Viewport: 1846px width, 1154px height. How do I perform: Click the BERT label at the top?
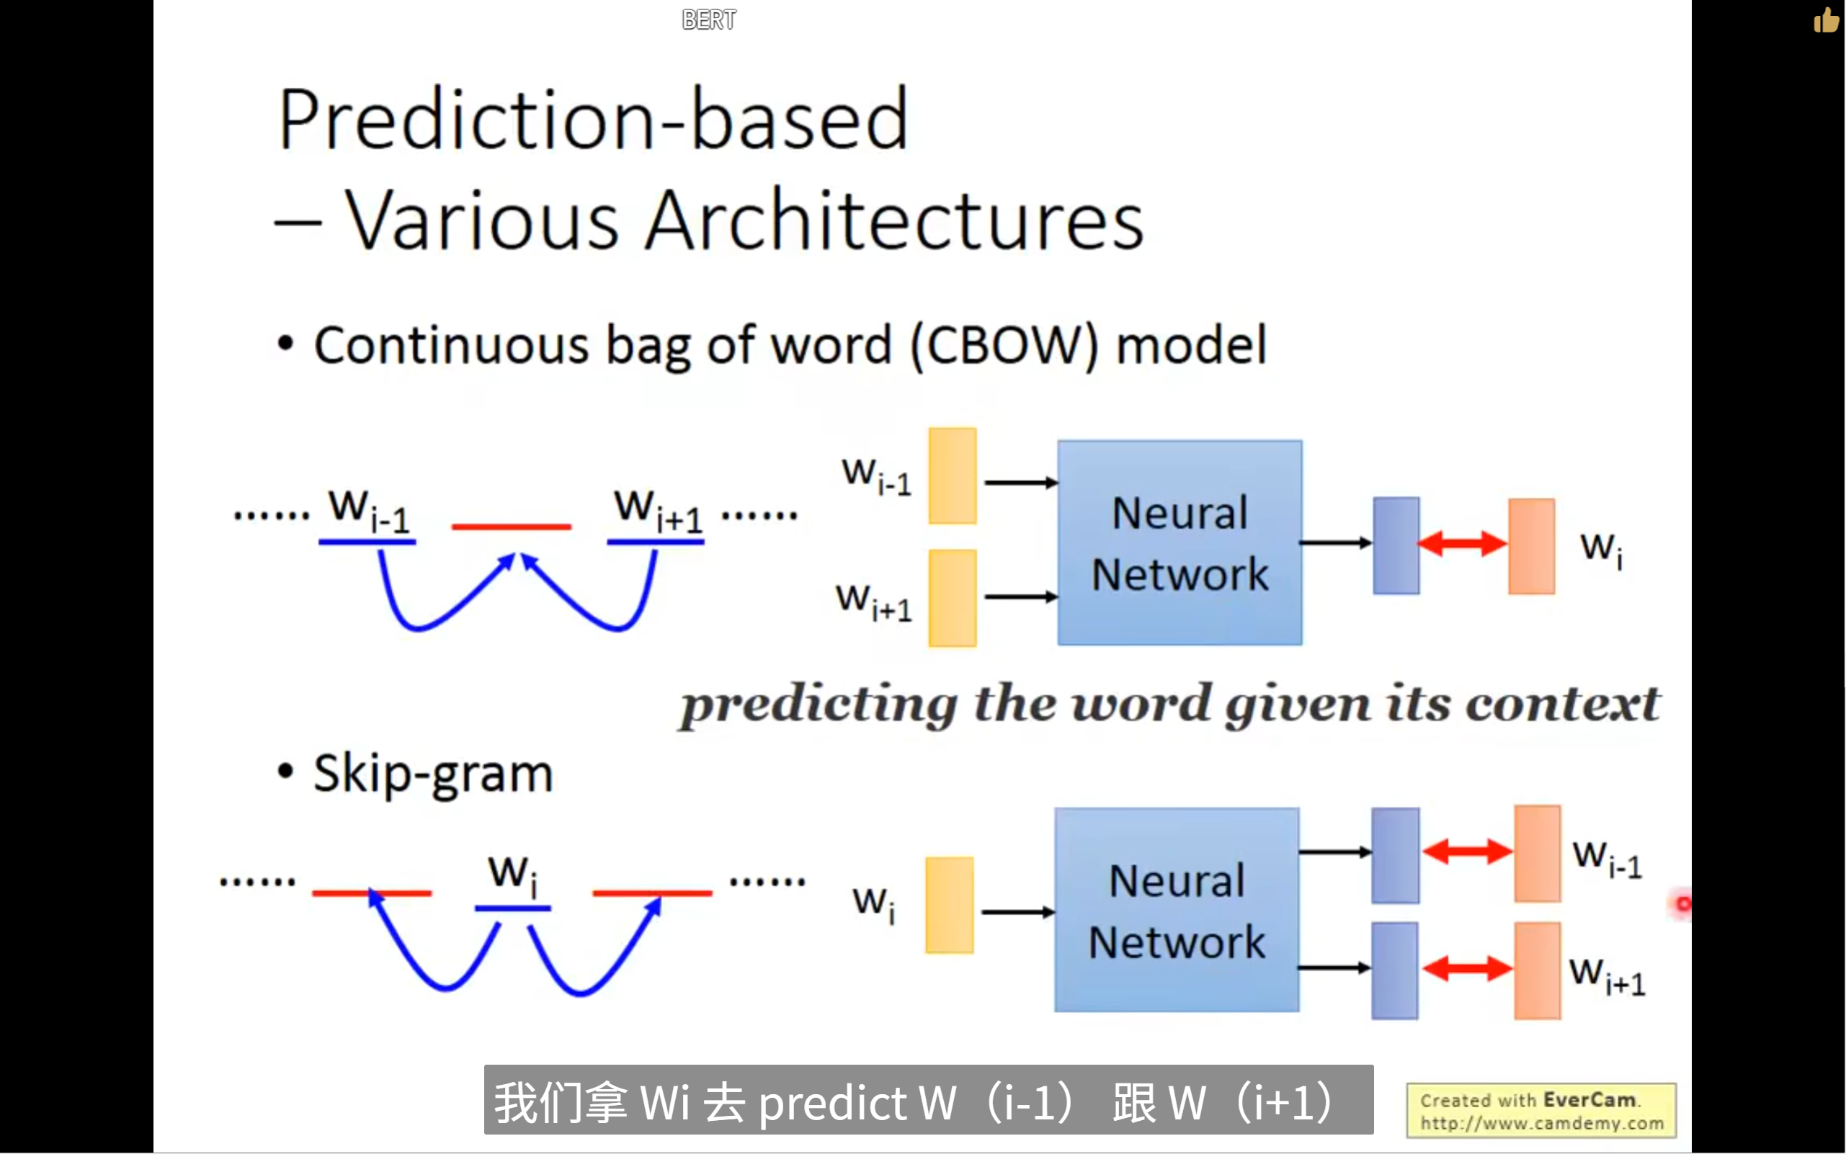tap(708, 20)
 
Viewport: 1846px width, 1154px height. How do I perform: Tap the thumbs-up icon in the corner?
tap(1826, 21)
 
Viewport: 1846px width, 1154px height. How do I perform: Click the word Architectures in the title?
tap(894, 221)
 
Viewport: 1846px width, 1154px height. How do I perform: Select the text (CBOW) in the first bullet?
tap(1004, 346)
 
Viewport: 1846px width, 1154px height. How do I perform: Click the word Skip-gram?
tap(433, 774)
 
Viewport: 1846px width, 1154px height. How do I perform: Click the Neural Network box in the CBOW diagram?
tap(1180, 542)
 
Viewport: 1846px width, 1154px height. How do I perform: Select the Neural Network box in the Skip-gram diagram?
tap(1177, 910)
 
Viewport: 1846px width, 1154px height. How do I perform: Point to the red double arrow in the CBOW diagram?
tap(1463, 543)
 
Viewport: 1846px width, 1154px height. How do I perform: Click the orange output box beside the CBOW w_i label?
tap(1531, 547)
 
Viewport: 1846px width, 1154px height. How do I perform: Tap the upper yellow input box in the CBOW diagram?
tap(952, 476)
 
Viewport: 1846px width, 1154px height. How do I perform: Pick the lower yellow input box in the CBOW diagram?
tap(952, 598)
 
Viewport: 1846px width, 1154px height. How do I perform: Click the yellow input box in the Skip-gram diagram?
tap(949, 905)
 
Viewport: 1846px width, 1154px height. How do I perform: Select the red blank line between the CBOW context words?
tap(511, 527)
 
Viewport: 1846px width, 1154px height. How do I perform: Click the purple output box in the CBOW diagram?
tap(1396, 546)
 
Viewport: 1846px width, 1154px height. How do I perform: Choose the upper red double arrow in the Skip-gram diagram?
tap(1466, 851)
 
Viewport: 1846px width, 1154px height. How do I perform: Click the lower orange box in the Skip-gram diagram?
tap(1537, 971)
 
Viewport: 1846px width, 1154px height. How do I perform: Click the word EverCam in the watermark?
tap(1589, 1100)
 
